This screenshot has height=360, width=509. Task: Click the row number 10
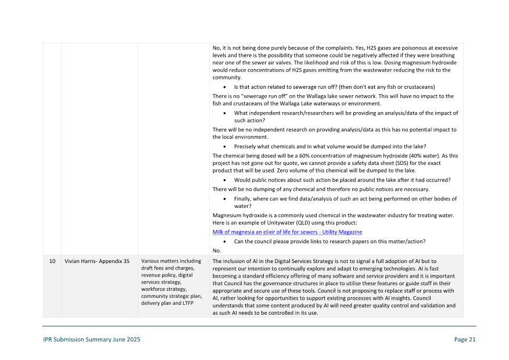pyautogui.click(x=52, y=261)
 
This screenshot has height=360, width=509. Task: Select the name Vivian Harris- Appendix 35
pyautogui.click(x=96, y=261)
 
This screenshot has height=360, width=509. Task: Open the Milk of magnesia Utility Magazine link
pyautogui.click(x=287, y=232)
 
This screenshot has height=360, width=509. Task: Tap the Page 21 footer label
pyautogui.click(x=465, y=340)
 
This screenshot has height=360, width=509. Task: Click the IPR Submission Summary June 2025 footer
pyautogui.click(x=91, y=340)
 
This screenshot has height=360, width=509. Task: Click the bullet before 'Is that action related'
pyautogui.click(x=224, y=87)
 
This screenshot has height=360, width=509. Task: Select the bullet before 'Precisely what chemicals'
pyautogui.click(x=224, y=146)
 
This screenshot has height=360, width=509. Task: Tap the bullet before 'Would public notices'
pyautogui.click(x=224, y=180)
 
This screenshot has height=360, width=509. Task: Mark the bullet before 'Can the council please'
pyautogui.click(x=224, y=242)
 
